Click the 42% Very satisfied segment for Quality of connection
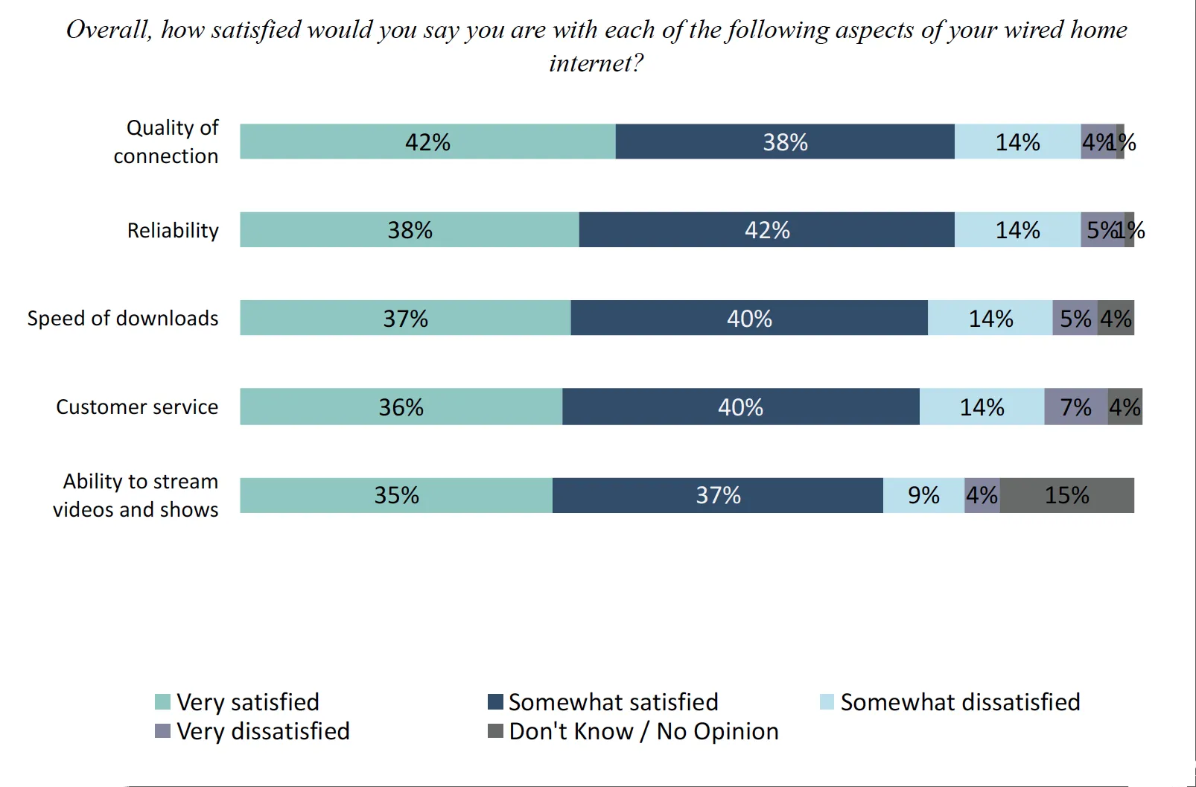click(x=427, y=141)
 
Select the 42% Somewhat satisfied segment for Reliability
click(x=766, y=229)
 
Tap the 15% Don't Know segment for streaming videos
click(x=1066, y=495)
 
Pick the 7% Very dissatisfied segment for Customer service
click(x=1075, y=407)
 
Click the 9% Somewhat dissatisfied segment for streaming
click(x=923, y=495)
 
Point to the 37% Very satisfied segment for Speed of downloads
click(x=405, y=318)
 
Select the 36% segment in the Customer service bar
click(x=401, y=407)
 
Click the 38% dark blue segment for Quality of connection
click(x=785, y=141)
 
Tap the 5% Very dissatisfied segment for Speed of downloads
click(x=1075, y=318)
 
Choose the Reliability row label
click(x=173, y=230)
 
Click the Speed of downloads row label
click(x=123, y=318)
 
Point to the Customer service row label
click(x=137, y=407)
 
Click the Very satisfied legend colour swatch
click(x=162, y=702)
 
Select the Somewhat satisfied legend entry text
click(x=613, y=702)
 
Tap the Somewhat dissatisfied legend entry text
click(x=960, y=702)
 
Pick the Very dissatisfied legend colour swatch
click(x=162, y=731)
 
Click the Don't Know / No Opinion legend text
click(x=643, y=731)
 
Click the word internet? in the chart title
click(x=596, y=63)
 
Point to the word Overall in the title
click(x=109, y=30)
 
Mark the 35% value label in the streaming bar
click(x=396, y=495)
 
